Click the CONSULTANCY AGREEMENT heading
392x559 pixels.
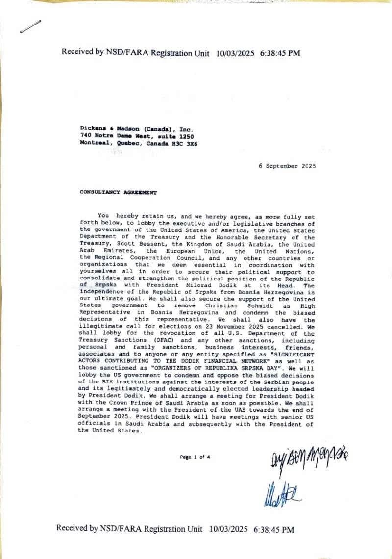[118, 193]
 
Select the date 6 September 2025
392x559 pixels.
[287, 166]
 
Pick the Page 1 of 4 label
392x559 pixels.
[195, 457]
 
